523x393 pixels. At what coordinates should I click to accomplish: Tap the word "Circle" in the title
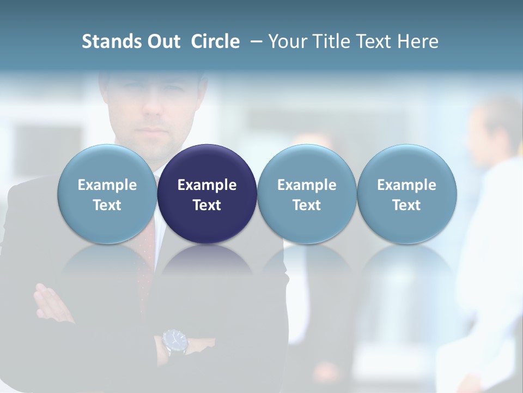(x=215, y=41)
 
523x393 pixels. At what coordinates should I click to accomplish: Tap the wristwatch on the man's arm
(x=175, y=341)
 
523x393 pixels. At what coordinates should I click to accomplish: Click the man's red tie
(x=146, y=262)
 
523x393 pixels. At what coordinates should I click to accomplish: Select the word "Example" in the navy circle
(x=207, y=185)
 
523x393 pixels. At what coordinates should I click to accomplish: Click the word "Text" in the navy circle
(x=207, y=205)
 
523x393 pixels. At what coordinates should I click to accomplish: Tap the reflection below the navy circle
(x=207, y=262)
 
